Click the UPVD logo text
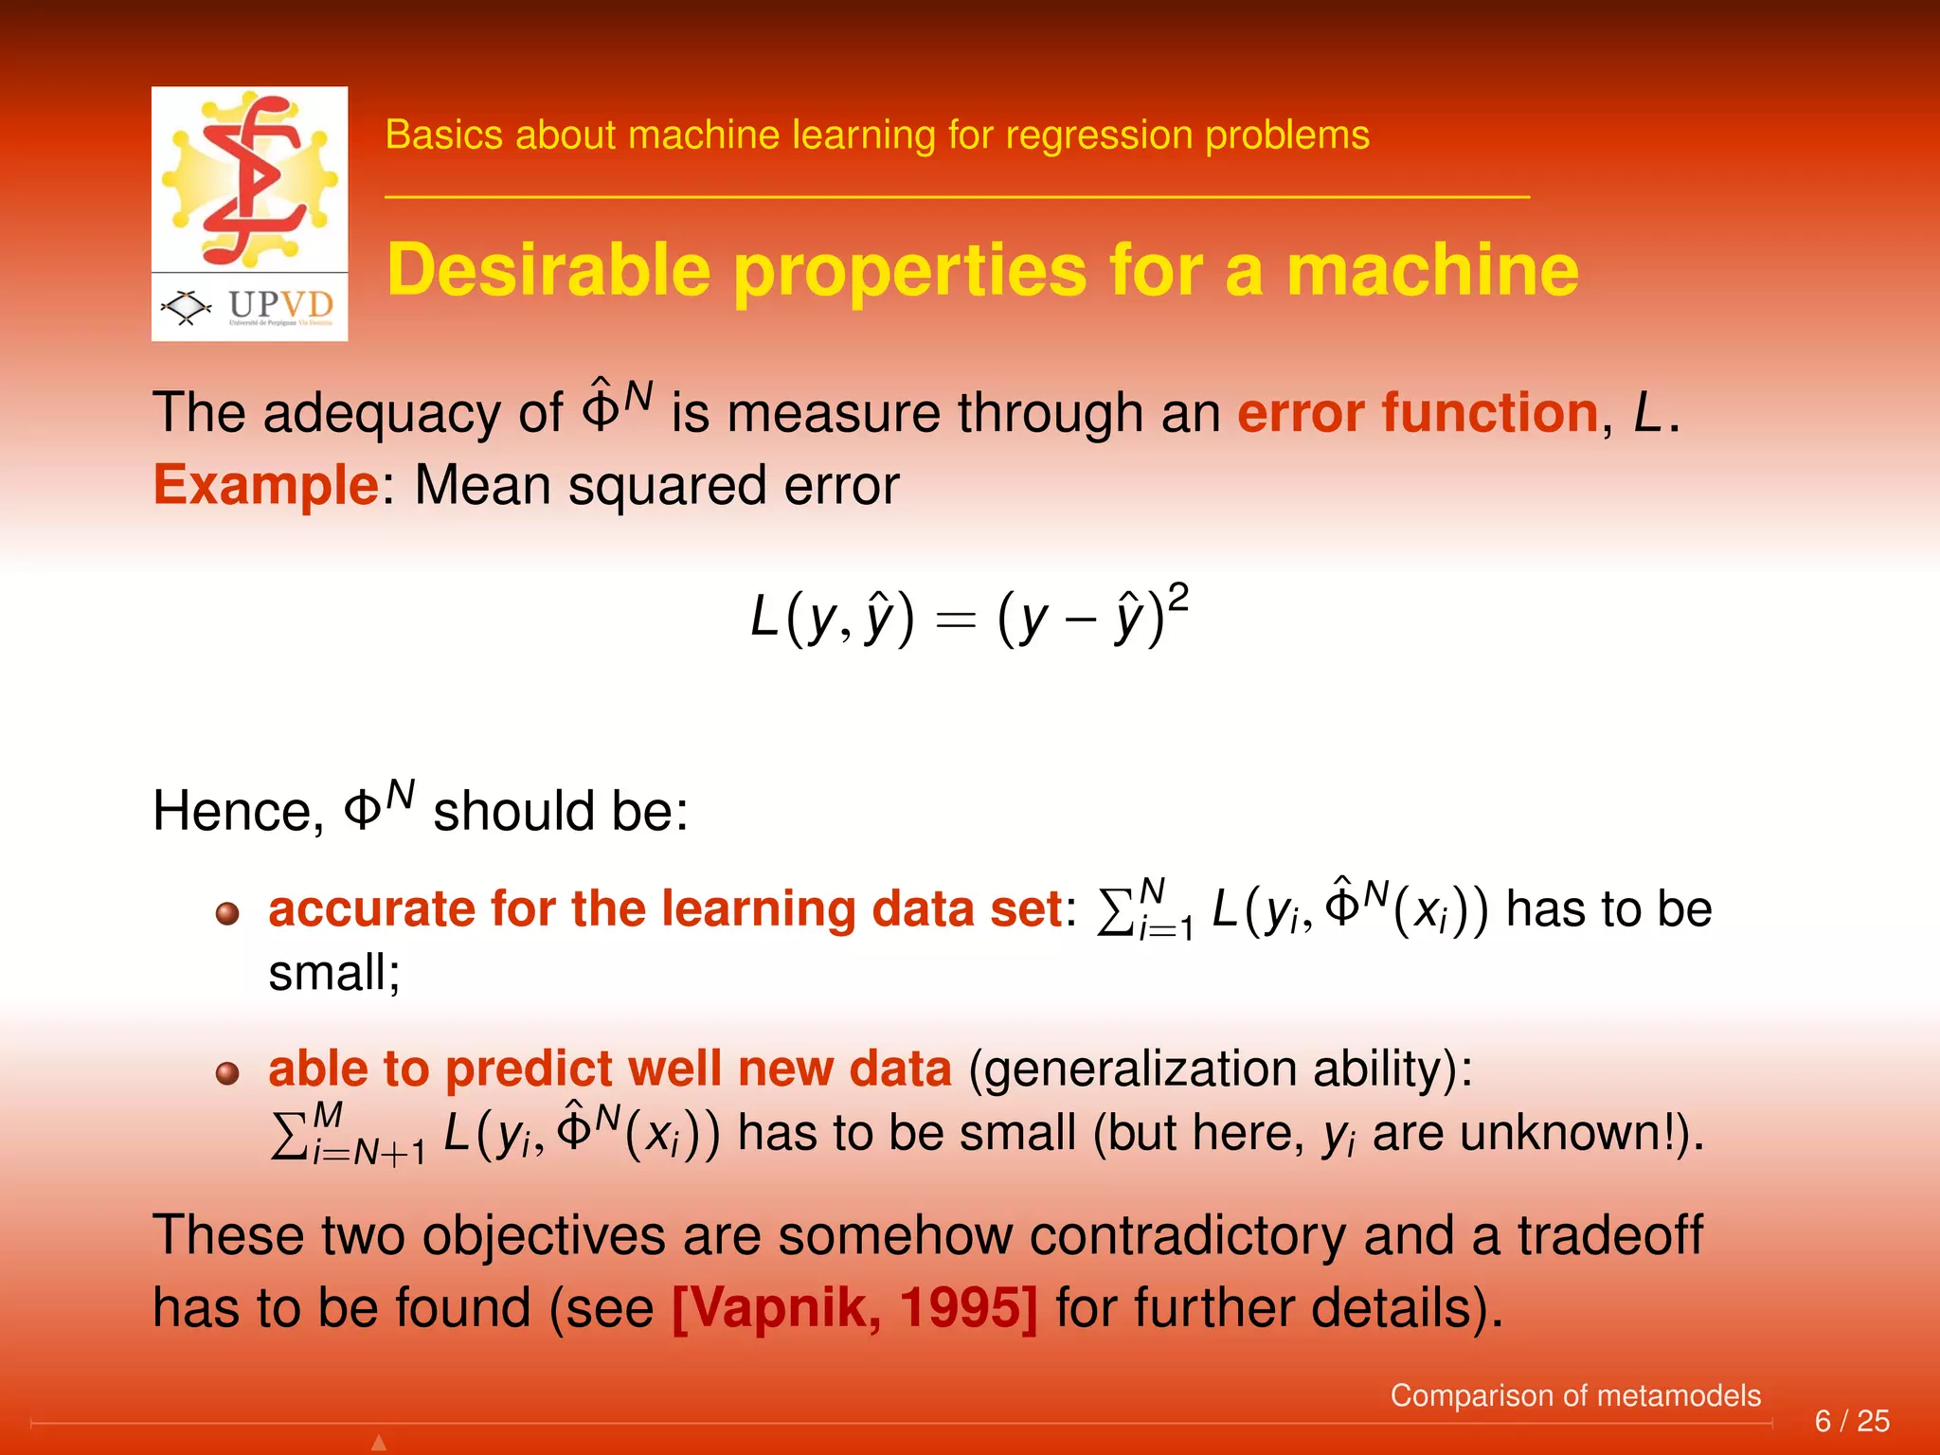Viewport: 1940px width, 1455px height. point(280,305)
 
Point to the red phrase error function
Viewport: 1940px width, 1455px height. point(1418,414)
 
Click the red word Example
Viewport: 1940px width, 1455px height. point(266,486)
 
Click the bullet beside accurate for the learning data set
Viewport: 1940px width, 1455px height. point(227,914)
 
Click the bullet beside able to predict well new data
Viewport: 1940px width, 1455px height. point(227,1073)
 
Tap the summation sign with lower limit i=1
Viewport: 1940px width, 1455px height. point(1116,911)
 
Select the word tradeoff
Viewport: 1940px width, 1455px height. point(1609,1236)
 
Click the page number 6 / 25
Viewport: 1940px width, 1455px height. point(1851,1421)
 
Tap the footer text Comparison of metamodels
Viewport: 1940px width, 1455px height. point(1574,1395)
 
